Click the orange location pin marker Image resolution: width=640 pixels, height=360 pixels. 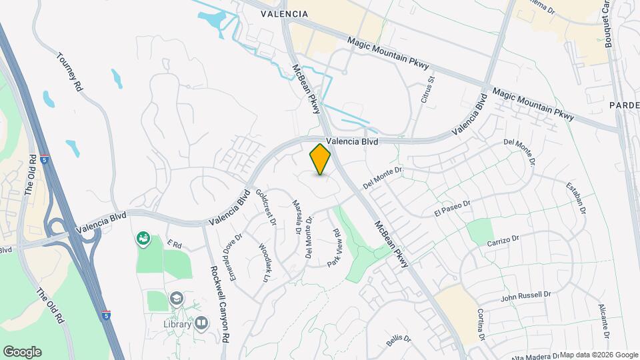(321, 159)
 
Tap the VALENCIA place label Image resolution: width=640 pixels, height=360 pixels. (285, 13)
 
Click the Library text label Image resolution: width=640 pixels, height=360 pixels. (177, 324)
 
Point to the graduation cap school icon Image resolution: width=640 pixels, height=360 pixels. (177, 299)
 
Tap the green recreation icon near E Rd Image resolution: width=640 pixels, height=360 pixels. (143, 238)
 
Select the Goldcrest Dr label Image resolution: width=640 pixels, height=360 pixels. (265, 207)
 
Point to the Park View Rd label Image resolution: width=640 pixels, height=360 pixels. (334, 248)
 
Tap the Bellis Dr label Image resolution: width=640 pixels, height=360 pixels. (399, 341)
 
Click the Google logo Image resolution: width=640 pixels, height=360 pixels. (22, 352)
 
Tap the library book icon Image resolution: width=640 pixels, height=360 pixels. (201, 323)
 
